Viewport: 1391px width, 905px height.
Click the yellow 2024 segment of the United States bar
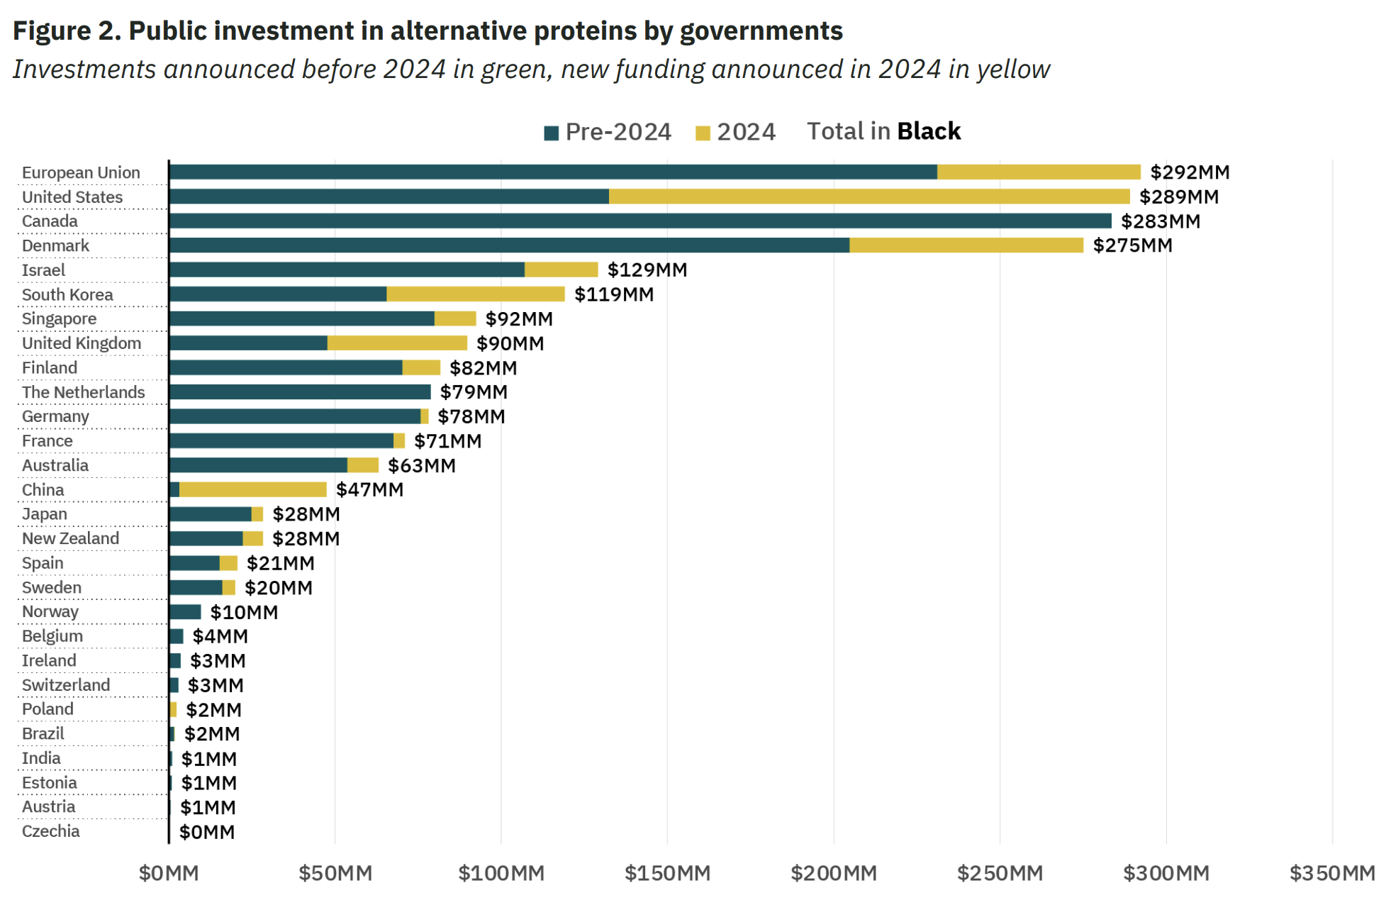point(868,196)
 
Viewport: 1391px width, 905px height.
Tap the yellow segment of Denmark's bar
point(966,245)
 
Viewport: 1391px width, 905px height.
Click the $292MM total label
point(1189,172)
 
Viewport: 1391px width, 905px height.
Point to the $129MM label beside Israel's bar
point(647,270)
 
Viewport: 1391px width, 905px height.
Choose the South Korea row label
point(67,294)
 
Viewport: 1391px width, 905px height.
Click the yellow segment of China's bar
point(252,489)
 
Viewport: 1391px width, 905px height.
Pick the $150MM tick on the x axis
point(667,873)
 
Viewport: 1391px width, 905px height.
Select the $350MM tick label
point(1331,873)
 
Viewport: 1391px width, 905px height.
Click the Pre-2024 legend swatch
point(551,133)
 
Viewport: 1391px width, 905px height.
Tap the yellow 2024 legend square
point(703,133)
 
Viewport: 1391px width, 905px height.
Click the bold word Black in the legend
point(928,131)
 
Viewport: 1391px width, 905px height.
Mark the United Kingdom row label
point(82,343)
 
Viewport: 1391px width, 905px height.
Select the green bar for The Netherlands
point(300,392)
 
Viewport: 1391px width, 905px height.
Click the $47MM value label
point(369,489)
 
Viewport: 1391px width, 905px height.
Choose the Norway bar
point(185,611)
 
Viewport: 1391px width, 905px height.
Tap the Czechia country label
point(51,831)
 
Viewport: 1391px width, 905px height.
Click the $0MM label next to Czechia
point(206,832)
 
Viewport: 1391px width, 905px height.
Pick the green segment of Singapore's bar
point(301,318)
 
